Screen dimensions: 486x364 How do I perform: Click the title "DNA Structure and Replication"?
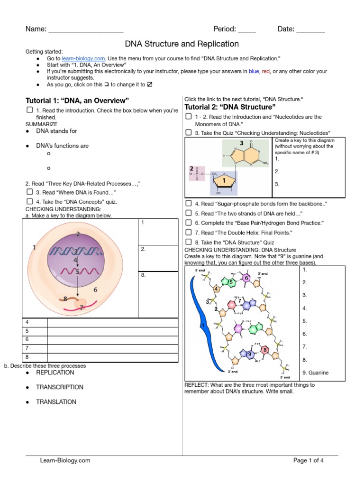[182, 44]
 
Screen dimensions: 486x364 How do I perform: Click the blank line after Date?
[310, 30]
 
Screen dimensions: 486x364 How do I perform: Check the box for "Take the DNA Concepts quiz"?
[29, 201]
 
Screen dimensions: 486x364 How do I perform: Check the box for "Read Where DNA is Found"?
[29, 192]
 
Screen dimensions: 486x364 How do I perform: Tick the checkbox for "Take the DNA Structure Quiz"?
[188, 242]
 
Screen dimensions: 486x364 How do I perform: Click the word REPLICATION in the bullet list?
[55, 373]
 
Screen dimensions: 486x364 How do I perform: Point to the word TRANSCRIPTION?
[60, 387]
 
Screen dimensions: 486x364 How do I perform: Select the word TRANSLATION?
[56, 402]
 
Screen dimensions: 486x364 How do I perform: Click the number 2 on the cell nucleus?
[78, 234]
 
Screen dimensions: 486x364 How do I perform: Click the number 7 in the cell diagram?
[81, 308]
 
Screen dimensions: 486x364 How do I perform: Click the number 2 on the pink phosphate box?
[191, 168]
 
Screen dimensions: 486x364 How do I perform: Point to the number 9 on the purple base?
[249, 354]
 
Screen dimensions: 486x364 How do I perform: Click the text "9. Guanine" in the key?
[315, 373]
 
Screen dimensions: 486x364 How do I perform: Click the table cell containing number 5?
[35, 331]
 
